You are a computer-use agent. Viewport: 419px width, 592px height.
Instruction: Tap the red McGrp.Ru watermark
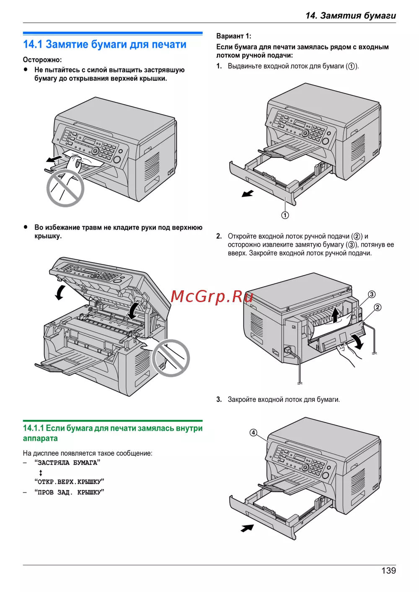click(212, 297)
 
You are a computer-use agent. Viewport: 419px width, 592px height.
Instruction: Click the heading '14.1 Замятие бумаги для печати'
click(105, 44)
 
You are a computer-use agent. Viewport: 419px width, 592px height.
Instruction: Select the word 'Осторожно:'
click(42, 60)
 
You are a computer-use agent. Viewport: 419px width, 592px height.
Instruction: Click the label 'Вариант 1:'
click(234, 36)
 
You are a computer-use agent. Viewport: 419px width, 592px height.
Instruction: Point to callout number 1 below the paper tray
click(285, 215)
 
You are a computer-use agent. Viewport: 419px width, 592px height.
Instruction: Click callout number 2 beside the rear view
click(378, 308)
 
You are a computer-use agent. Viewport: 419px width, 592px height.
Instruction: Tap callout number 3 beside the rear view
click(372, 294)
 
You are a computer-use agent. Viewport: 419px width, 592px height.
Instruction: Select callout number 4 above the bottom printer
click(253, 432)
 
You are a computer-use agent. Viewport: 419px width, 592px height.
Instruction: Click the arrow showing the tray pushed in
click(247, 528)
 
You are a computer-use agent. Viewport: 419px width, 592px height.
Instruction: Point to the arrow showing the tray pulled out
click(248, 194)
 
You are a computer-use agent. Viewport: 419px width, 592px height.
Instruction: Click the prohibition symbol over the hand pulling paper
click(65, 188)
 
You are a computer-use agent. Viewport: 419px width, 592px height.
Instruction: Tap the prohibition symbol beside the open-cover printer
click(171, 358)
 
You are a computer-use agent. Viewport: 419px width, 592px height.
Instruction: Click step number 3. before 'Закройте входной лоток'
click(219, 399)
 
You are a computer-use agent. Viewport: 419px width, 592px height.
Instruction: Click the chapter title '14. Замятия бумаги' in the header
click(351, 16)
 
